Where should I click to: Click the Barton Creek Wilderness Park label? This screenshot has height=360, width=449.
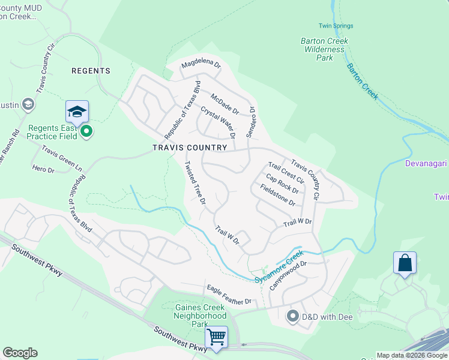click(x=324, y=49)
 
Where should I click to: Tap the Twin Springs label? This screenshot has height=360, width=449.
click(x=336, y=26)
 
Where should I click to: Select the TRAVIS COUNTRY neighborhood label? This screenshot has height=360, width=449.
click(x=190, y=148)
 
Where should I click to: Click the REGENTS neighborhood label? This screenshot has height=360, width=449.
click(x=91, y=71)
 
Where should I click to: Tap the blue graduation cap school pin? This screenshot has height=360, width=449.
click(x=77, y=112)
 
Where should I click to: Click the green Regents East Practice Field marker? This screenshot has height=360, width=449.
click(x=86, y=131)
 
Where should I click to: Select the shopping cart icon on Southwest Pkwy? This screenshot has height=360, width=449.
click(x=216, y=337)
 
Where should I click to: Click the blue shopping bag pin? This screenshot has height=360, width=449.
click(x=405, y=263)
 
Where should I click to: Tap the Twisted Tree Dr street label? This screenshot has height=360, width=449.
click(x=195, y=182)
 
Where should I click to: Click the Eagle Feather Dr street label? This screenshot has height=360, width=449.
click(x=229, y=294)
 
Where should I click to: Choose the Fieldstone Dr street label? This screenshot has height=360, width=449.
click(x=277, y=194)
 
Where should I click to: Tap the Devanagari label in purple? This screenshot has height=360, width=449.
click(x=426, y=163)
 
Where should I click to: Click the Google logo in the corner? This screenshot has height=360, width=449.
click(x=20, y=353)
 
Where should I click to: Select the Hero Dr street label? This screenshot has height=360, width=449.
click(x=44, y=170)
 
